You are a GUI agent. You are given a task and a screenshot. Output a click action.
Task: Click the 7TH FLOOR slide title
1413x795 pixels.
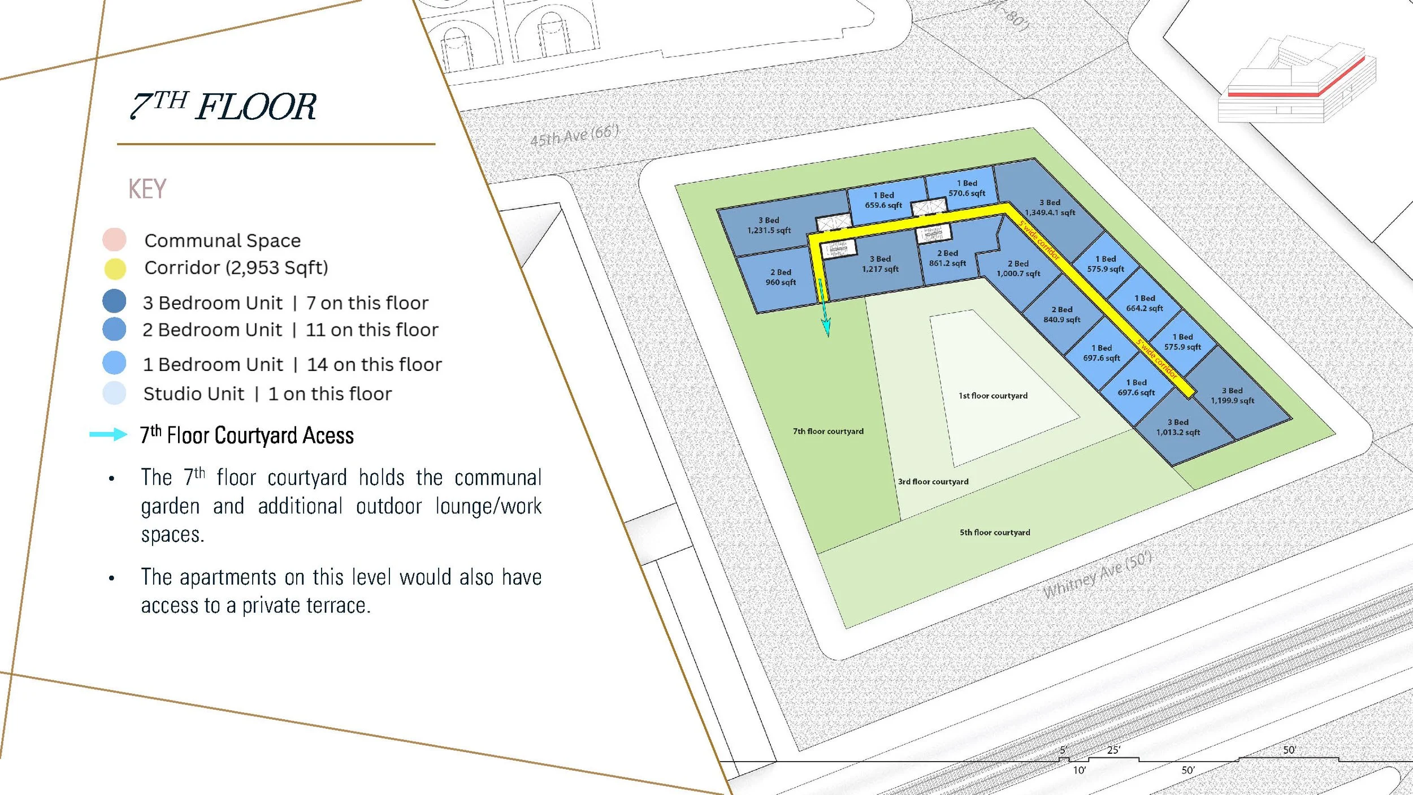tap(223, 106)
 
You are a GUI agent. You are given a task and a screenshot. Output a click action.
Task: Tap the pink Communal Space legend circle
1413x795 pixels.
tap(114, 240)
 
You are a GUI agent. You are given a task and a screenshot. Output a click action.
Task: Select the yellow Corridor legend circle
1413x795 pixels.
tap(115, 269)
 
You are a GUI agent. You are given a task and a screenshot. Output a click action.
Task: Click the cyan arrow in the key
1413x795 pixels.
tap(109, 434)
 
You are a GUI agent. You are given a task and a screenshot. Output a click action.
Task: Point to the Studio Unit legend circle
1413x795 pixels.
tap(114, 394)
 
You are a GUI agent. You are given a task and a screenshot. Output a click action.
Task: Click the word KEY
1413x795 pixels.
tap(147, 189)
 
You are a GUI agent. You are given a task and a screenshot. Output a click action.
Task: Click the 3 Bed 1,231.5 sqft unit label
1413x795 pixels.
tap(769, 225)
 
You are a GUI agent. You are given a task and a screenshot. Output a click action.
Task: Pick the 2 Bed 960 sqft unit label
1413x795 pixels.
tap(781, 277)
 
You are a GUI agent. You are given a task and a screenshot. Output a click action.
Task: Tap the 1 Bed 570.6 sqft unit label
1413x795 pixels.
tap(966, 188)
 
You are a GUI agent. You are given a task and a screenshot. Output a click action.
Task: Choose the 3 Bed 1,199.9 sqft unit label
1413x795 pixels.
tap(1232, 395)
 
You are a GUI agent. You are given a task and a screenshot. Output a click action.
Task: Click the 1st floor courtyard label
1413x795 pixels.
tap(993, 396)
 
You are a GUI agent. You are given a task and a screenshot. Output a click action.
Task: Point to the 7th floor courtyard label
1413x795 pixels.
tap(828, 431)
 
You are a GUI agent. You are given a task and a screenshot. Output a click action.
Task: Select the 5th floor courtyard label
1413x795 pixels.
tap(995, 533)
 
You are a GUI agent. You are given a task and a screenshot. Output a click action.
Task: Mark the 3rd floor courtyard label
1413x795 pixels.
tap(933, 482)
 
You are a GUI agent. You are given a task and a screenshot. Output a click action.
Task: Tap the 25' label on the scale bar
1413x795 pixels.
tap(1113, 750)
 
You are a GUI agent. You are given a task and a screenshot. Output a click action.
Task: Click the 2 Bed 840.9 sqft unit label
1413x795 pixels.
tap(1061, 314)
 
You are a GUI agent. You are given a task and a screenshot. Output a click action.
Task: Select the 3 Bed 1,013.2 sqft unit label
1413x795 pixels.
tap(1178, 427)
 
